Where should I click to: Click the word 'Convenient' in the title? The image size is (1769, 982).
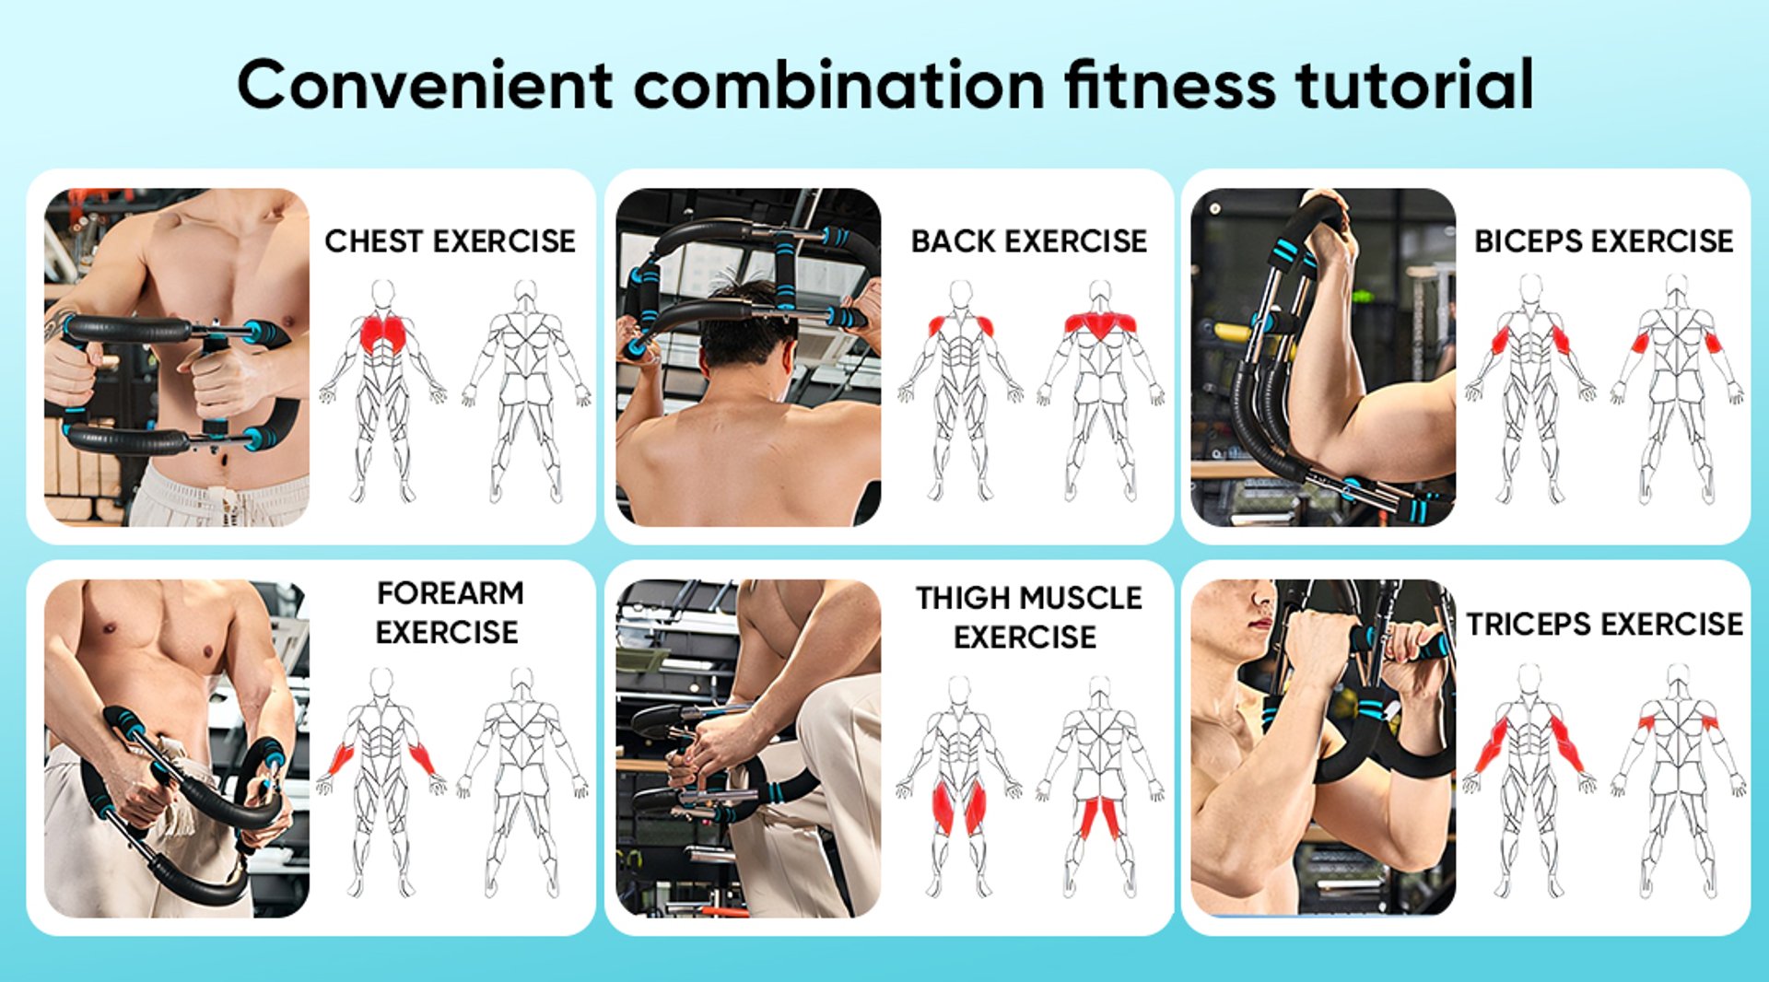click(426, 85)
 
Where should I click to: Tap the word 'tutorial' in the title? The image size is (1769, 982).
click(1414, 85)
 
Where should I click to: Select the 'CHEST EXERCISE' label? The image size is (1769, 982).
click(450, 241)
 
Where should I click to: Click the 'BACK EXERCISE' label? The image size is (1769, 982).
click(1029, 241)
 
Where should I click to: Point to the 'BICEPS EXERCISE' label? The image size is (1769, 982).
click(1604, 241)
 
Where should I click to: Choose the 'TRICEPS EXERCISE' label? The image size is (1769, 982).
click(1604, 625)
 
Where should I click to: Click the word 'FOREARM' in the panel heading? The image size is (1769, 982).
click(451, 593)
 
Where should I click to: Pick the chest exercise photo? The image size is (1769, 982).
click(177, 357)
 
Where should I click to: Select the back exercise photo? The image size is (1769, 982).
click(748, 357)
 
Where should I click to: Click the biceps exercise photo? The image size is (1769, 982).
click(1323, 357)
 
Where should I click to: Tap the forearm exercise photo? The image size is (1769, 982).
click(177, 748)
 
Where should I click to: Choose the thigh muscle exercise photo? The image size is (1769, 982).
click(748, 748)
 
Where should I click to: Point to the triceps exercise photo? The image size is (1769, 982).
click(1323, 748)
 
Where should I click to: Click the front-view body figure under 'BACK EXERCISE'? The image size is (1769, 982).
click(960, 391)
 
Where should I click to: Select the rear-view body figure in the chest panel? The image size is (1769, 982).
click(526, 391)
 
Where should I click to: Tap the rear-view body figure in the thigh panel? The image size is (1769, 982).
click(1100, 788)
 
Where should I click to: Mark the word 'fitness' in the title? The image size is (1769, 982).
click(1170, 85)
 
